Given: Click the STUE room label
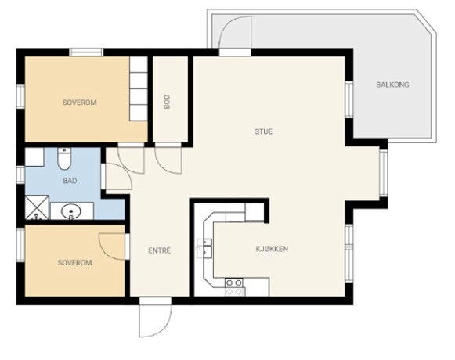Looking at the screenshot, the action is click(263, 131).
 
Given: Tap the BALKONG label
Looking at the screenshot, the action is click(392, 85).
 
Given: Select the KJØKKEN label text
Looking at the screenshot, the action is click(272, 249).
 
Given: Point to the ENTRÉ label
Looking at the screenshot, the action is click(159, 250).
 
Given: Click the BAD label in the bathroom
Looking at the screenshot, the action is click(70, 181).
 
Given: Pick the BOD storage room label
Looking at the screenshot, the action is click(167, 102).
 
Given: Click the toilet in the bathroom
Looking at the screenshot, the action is click(64, 158).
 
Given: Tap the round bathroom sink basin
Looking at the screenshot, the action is click(70, 211).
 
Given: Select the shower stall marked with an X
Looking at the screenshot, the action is click(37, 207).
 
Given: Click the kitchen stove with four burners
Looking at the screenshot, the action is click(234, 287).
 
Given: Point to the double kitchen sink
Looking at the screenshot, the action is click(204, 248).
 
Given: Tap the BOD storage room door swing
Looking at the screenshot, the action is click(168, 160).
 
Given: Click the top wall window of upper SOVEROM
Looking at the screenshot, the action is click(86, 52).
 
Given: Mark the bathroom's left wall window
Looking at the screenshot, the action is click(20, 175).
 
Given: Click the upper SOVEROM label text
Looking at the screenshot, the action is click(80, 103).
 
